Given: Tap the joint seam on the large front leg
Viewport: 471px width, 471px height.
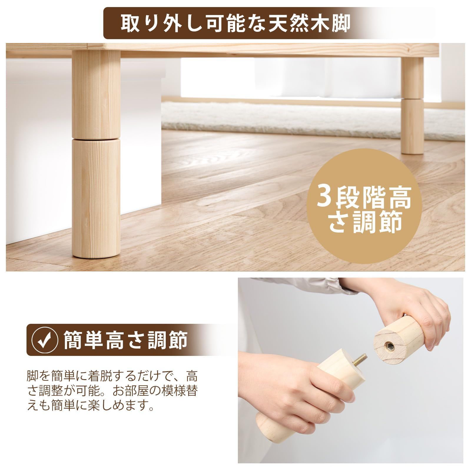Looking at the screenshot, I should [96, 138].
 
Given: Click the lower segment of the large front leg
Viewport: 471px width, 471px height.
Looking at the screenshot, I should [96, 197].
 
